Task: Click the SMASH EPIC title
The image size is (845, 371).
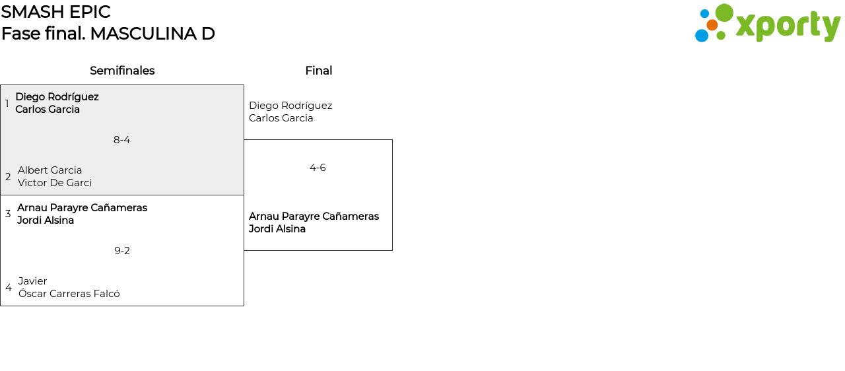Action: click(x=55, y=12)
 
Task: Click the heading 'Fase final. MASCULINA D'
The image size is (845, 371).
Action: click(x=108, y=34)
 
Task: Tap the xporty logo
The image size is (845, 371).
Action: click(x=767, y=24)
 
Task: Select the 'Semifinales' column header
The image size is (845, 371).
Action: click(x=122, y=71)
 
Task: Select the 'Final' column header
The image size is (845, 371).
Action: click(x=318, y=71)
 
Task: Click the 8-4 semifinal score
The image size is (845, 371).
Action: click(x=122, y=140)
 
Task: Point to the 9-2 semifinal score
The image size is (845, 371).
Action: click(x=122, y=251)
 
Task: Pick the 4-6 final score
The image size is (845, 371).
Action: click(x=318, y=168)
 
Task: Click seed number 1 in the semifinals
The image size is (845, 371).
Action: click(x=7, y=104)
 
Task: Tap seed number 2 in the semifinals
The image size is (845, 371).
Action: click(x=8, y=177)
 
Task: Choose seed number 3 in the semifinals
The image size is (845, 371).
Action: click(x=8, y=214)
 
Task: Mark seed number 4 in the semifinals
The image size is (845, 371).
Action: click(x=9, y=288)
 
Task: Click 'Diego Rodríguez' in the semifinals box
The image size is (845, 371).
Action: click(x=57, y=97)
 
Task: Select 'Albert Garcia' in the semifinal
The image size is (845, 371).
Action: click(x=50, y=170)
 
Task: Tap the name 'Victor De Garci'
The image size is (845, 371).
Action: click(x=55, y=183)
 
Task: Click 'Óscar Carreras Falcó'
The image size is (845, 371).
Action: click(x=69, y=294)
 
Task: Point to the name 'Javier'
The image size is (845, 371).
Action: click(x=33, y=281)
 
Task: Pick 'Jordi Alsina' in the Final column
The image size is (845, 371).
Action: click(x=277, y=229)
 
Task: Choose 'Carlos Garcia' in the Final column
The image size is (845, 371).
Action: click(x=281, y=118)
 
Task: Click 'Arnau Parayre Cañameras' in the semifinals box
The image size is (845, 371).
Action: click(x=82, y=208)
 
